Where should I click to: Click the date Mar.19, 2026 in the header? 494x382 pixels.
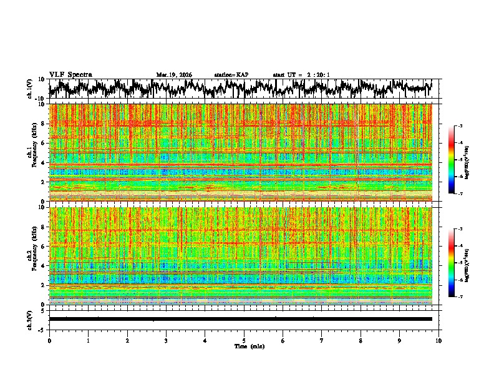pyautogui.click(x=174, y=75)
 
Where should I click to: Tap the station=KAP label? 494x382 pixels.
pyautogui.click(x=231, y=75)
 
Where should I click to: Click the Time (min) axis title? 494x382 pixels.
pyautogui.click(x=249, y=346)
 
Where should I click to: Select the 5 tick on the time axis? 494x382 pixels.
pyautogui.click(x=244, y=340)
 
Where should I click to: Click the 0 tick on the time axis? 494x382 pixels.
pyautogui.click(x=49, y=340)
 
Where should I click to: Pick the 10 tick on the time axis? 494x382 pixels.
pyautogui.click(x=438, y=340)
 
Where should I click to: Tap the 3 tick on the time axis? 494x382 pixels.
pyautogui.click(x=166, y=340)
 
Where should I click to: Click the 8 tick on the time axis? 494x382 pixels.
pyautogui.click(x=361, y=340)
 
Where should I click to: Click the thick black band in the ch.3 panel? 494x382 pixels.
pyautogui.click(x=241, y=319)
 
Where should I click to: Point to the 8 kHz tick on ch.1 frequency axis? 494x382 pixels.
pyautogui.click(x=43, y=124)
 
